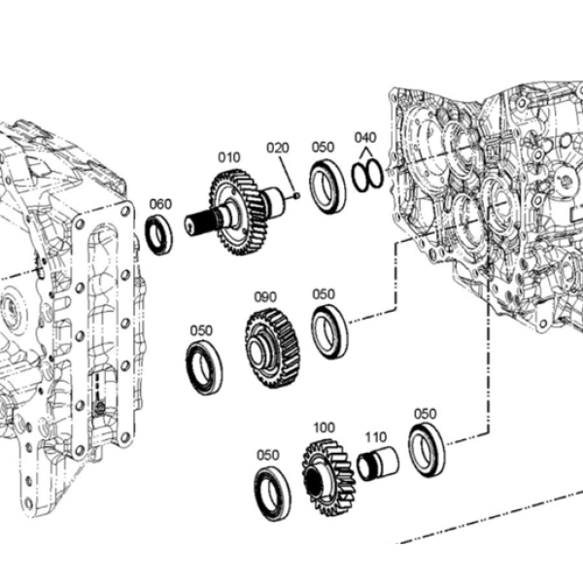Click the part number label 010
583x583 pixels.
point(228,157)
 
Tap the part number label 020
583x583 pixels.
point(277,148)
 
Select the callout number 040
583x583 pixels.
point(365,138)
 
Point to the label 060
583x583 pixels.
point(160,204)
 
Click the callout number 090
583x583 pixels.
point(265,297)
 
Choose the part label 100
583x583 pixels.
point(324,428)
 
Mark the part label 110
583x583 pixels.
point(375,437)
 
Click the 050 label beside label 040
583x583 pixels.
point(323,148)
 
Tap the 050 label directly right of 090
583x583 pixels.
point(324,294)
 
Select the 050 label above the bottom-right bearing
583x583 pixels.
point(425,414)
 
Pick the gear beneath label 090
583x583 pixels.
point(272,348)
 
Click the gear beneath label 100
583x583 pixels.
point(329,478)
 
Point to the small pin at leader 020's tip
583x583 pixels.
point(296,195)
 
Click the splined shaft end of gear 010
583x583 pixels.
point(198,222)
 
